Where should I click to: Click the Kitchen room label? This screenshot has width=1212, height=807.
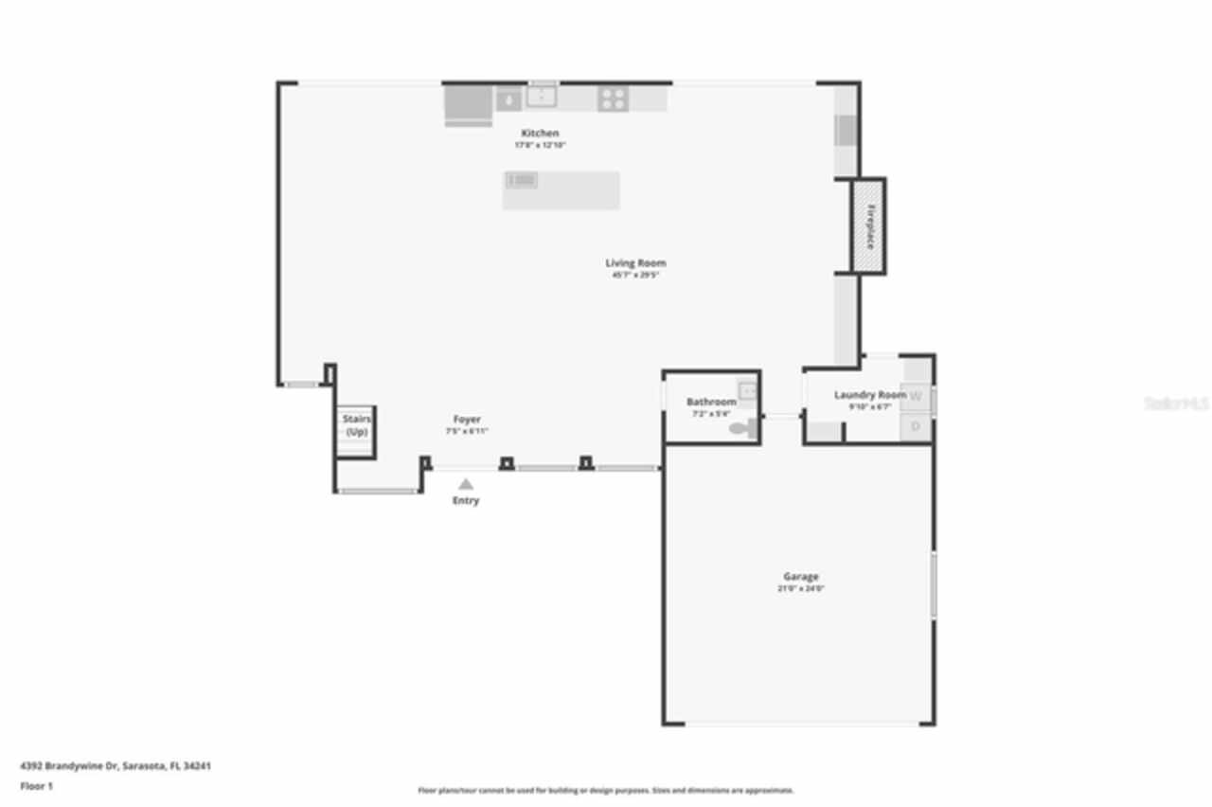tap(540, 134)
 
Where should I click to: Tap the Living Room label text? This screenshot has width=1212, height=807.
tap(635, 263)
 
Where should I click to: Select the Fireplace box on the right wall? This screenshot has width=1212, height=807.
tap(867, 226)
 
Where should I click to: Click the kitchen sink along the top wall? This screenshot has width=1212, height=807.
tap(542, 97)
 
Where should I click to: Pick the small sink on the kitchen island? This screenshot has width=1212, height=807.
tap(522, 180)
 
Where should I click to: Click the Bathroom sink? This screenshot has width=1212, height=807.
tap(748, 390)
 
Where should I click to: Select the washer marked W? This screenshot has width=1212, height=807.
tap(916, 398)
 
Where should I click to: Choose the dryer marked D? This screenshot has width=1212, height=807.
tap(916, 427)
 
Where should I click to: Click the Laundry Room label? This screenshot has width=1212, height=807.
tap(870, 395)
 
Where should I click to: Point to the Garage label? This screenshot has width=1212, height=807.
tap(800, 577)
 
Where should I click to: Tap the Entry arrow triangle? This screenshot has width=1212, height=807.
tap(466, 484)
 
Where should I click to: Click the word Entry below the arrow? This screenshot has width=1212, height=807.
tap(466, 501)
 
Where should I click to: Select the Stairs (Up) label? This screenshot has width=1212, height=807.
tap(357, 425)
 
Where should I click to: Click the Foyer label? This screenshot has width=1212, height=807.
tap(467, 420)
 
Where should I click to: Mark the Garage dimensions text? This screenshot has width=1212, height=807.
tap(800, 589)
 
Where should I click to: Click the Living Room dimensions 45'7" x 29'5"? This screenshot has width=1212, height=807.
tap(635, 276)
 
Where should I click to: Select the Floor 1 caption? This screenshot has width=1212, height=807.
tap(37, 786)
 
